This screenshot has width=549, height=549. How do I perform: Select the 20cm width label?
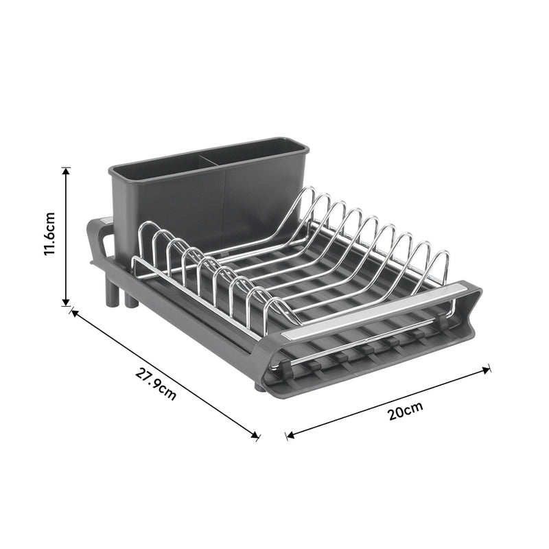pos(405,412)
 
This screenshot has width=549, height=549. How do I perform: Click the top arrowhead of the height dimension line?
pos(66,170)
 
